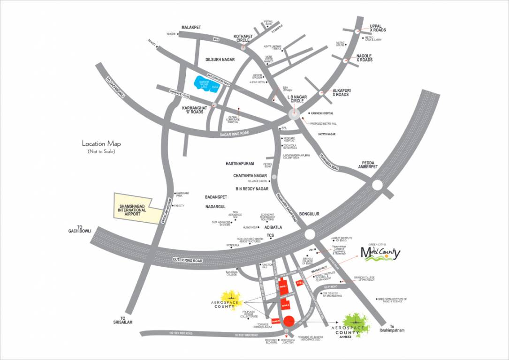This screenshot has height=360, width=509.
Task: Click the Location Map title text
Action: [x=101, y=144]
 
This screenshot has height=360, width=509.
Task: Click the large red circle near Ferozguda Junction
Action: [x=289, y=321]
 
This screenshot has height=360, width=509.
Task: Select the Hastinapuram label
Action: [x=240, y=164]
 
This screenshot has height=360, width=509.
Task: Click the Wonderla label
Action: [x=232, y=245]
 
